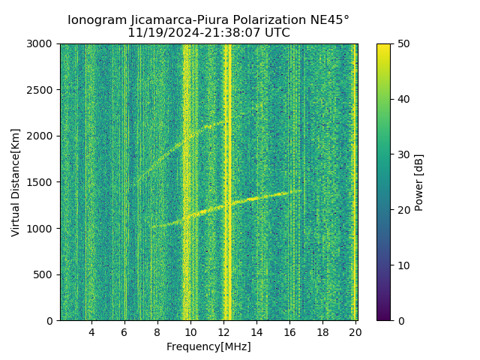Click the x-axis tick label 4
(x=91, y=332)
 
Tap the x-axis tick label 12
(x=223, y=332)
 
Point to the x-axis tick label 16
(x=289, y=332)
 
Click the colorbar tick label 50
(x=403, y=44)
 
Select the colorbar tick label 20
(x=403, y=210)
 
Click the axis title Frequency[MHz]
(x=208, y=346)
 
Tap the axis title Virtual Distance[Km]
(x=16, y=182)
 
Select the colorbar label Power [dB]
(x=419, y=182)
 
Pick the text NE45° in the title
(x=329, y=20)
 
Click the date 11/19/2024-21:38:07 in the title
(x=196, y=33)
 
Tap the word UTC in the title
(x=277, y=33)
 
